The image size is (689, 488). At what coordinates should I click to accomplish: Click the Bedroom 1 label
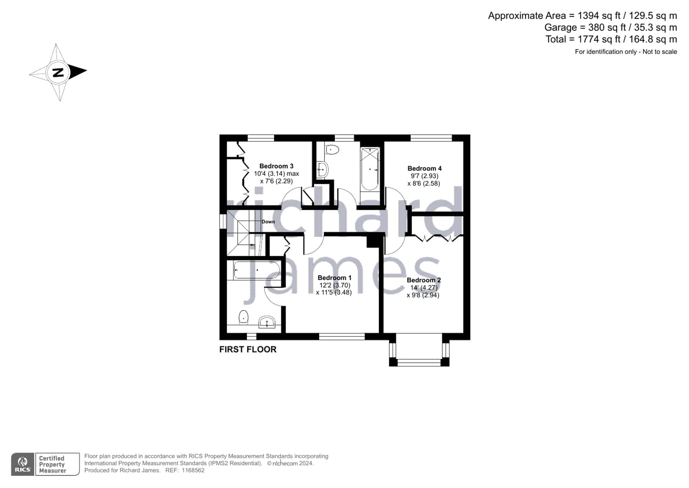(334, 278)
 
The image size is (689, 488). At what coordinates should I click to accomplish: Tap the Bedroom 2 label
(424, 280)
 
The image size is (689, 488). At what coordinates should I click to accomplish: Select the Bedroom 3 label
(276, 166)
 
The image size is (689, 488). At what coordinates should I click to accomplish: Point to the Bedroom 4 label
(424, 169)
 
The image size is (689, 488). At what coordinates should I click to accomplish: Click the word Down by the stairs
(268, 221)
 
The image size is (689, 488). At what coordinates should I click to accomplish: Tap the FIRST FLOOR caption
(248, 349)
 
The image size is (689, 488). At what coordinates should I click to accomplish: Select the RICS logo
(22, 464)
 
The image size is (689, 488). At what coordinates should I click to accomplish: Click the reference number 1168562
(193, 470)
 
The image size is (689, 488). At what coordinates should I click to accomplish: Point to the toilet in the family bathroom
(332, 150)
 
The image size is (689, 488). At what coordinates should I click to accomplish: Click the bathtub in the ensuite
(257, 270)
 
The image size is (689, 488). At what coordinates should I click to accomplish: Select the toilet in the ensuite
(243, 317)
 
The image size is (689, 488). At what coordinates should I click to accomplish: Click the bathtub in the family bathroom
(370, 169)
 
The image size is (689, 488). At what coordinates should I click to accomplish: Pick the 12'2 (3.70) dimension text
(335, 285)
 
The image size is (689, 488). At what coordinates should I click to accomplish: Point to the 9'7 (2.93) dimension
(424, 176)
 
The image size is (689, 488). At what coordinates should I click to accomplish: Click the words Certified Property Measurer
(53, 464)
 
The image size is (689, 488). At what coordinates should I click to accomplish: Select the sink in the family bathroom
(322, 170)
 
